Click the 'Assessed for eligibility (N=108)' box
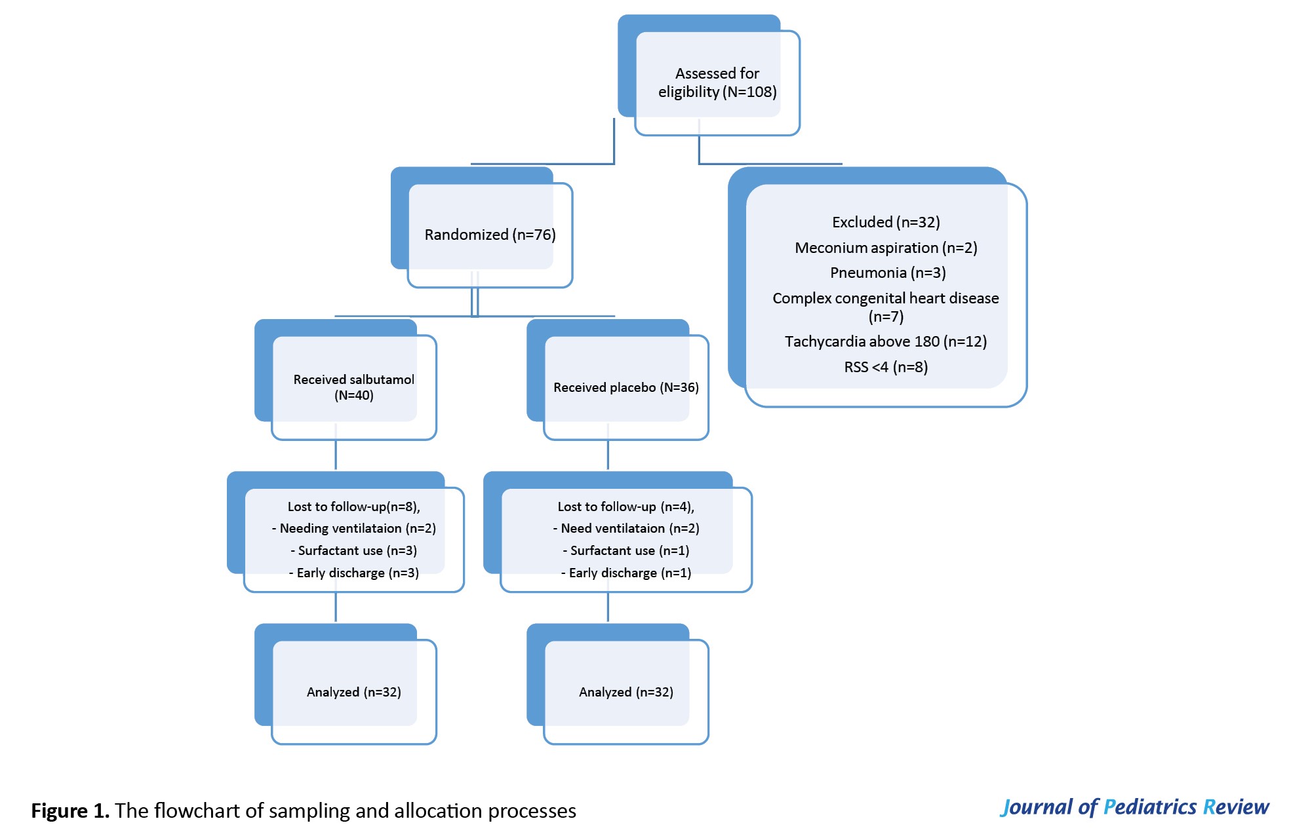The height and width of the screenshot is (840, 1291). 717,83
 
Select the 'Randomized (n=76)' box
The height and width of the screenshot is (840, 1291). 490,235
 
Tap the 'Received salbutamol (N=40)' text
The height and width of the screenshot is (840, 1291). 354,387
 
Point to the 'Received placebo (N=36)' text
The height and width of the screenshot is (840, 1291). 626,387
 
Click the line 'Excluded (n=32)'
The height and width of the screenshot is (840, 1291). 886,222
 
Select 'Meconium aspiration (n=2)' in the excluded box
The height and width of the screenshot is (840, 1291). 886,248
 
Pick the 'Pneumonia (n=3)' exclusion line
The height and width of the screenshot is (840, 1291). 888,273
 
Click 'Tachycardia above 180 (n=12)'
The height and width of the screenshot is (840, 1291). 886,341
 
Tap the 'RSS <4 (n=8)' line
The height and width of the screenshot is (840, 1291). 886,367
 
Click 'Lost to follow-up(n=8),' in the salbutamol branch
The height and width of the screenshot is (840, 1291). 354,506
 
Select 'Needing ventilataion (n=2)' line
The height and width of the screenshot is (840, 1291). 354,528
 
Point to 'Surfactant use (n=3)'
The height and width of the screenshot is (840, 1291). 354,550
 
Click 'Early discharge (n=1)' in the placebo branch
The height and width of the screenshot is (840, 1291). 626,573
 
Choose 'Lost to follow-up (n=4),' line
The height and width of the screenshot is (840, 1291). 626,506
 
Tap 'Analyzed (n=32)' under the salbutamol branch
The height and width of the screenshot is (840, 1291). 354,692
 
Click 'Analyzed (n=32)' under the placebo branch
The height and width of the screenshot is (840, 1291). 626,692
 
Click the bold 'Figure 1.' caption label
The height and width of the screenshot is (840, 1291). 70,811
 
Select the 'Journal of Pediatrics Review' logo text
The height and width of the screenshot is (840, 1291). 1134,807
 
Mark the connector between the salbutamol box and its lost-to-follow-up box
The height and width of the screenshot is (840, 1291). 336,455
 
